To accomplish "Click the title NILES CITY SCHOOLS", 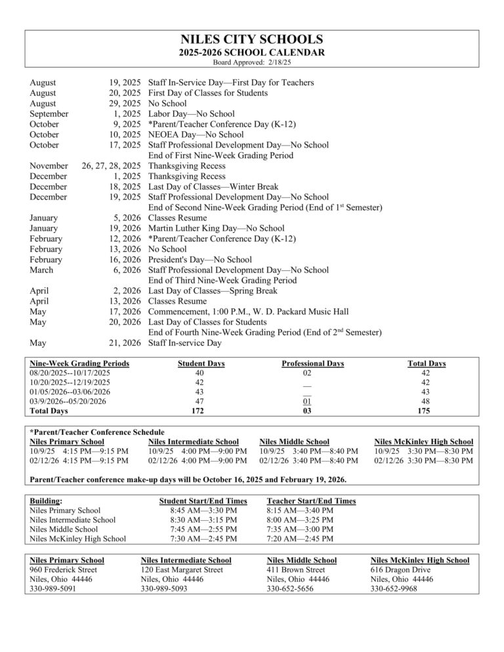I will pos(251,39).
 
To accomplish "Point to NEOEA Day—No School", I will pos(187,134).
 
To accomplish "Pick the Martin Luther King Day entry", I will pos(207,228).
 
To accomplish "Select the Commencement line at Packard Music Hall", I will pos(248,312).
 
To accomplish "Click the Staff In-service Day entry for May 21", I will pos(185,342).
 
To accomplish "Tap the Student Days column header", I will pos(201,363).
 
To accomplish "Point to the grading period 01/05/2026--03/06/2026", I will pos(70,392).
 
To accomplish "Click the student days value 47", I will pos(199,401).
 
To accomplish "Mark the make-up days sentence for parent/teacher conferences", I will pos(189,479).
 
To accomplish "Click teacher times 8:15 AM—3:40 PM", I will pos(300,510).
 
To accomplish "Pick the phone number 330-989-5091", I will pos(52,589).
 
